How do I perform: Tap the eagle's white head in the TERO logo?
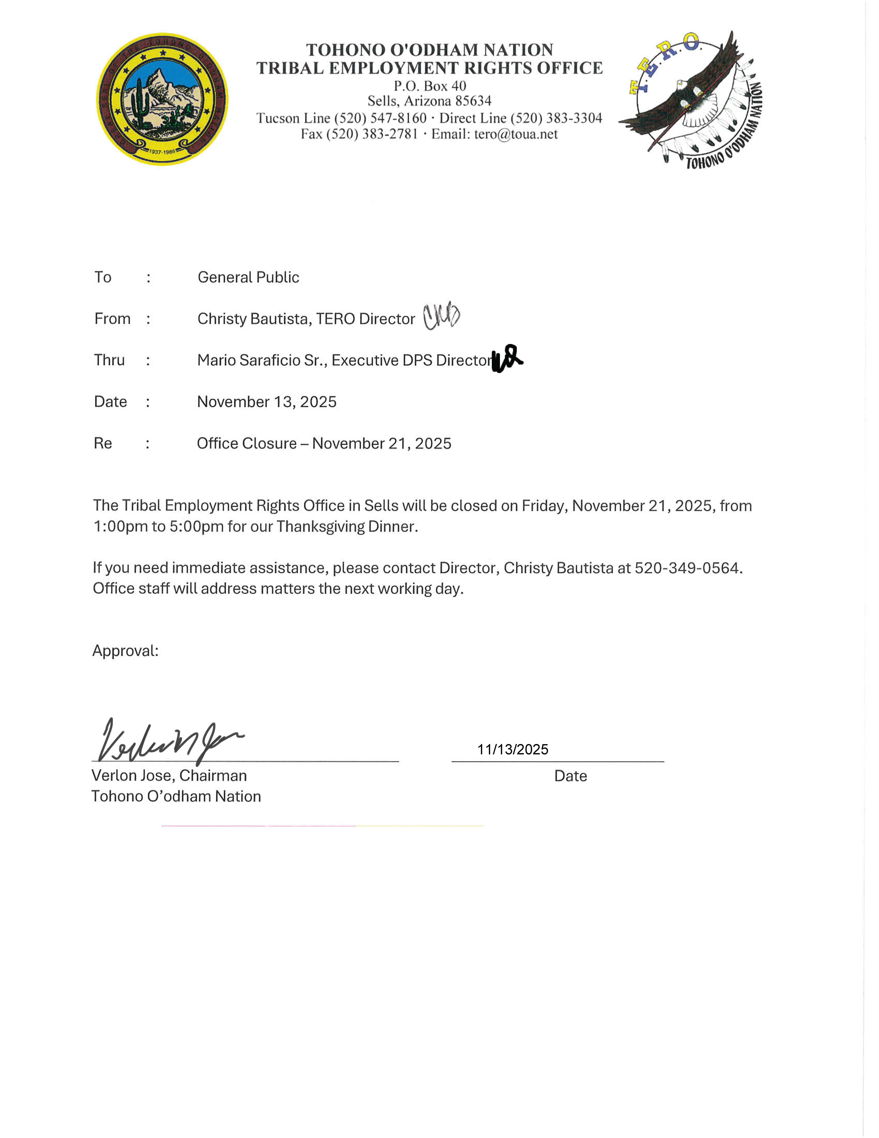coord(680,83)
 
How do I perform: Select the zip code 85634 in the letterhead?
coord(473,101)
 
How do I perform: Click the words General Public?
coord(248,277)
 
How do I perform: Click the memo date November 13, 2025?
coord(266,402)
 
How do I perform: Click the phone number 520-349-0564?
coord(687,568)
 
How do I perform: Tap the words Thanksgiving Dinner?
coord(346,526)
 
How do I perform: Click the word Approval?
coord(125,651)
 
